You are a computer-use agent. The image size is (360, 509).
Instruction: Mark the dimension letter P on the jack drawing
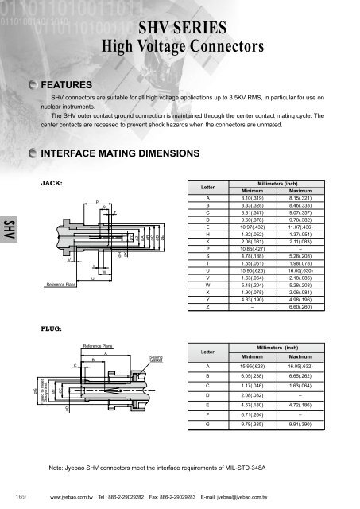[96, 202]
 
